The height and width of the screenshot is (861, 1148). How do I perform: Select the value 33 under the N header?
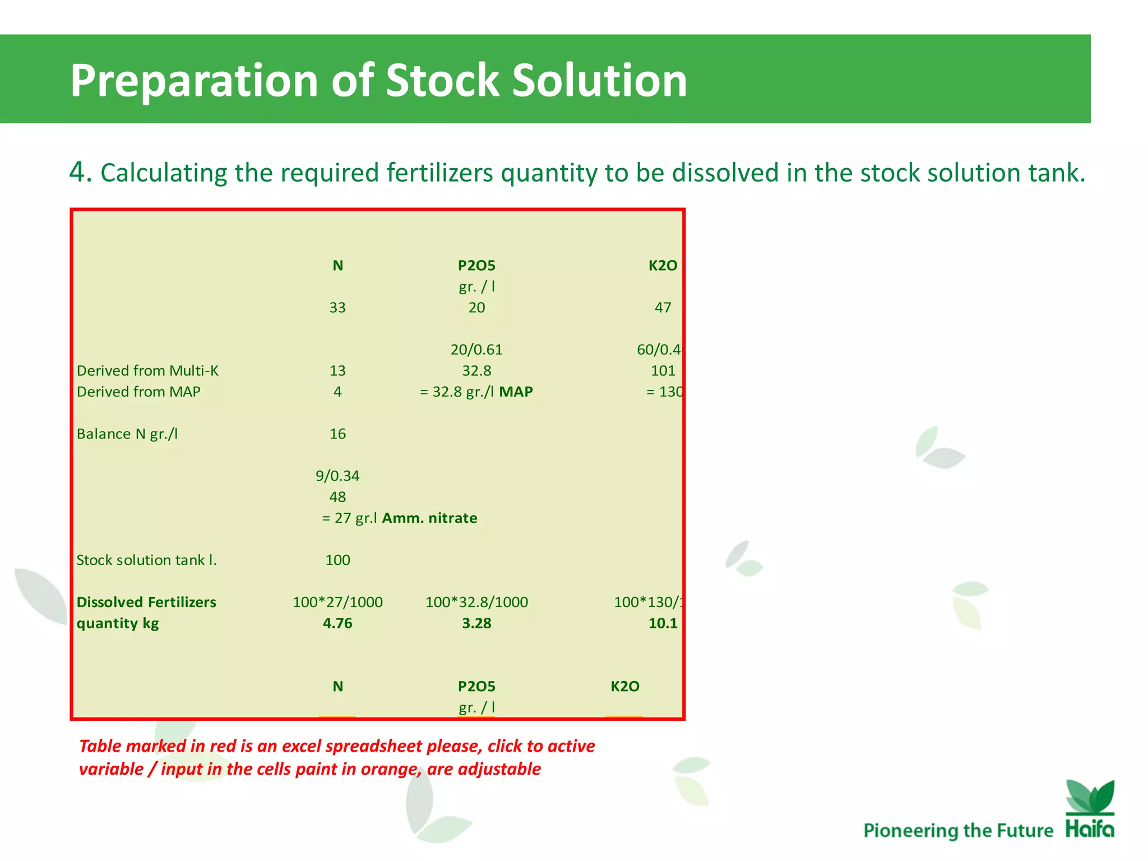click(x=337, y=308)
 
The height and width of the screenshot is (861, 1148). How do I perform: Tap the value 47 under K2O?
click(x=663, y=308)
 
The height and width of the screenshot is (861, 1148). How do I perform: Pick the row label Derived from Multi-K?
click(x=147, y=371)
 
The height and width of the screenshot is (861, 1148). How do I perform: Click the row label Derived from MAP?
click(x=138, y=392)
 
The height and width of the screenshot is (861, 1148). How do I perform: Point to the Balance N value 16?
click(x=337, y=434)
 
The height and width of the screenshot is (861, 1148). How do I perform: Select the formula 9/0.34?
click(x=337, y=476)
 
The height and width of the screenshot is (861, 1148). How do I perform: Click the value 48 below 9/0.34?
click(x=337, y=497)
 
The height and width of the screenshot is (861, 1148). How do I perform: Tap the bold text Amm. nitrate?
click(x=429, y=518)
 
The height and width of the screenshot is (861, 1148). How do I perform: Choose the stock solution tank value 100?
click(x=337, y=560)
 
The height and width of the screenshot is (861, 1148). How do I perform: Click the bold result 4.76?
click(x=337, y=623)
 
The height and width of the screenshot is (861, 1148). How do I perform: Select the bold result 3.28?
click(x=476, y=623)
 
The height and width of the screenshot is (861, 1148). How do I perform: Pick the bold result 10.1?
click(x=663, y=623)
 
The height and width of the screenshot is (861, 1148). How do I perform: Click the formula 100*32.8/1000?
click(x=476, y=602)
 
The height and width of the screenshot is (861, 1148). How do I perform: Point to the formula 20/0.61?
click(x=476, y=350)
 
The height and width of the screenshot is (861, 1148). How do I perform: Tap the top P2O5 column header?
click(x=476, y=266)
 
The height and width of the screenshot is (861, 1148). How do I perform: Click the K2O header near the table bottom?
click(x=624, y=687)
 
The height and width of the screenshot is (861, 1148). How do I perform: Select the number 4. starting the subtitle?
click(x=80, y=172)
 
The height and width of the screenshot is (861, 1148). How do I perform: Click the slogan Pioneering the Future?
click(x=958, y=830)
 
